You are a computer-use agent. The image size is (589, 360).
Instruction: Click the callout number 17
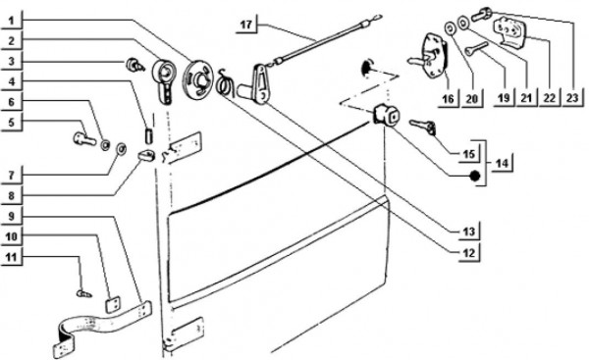coord(246,25)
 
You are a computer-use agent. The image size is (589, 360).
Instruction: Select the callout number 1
coord(11,21)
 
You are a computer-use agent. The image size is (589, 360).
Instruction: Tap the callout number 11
coord(12,258)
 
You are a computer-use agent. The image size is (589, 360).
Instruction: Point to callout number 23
coord(572,98)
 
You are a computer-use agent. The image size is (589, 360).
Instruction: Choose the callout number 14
coord(502,163)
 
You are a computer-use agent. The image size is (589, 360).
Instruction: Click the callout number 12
coord(469,253)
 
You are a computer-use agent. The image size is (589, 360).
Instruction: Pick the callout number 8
coord(11,195)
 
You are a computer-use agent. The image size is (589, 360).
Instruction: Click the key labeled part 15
coord(423,127)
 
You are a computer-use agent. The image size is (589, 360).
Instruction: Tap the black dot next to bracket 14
coord(475,176)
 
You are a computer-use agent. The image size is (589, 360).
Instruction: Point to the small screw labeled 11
coord(84,293)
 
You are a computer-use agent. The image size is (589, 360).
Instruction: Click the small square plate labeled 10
coord(112,304)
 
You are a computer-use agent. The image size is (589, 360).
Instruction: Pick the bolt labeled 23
coord(480,15)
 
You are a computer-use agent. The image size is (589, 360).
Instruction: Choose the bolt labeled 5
coord(84,138)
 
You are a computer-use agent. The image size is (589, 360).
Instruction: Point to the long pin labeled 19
coord(476,49)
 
